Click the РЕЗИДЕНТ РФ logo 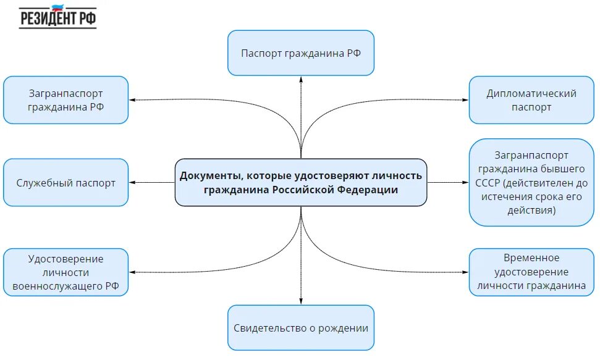[58, 17]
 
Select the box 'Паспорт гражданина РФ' [301, 53]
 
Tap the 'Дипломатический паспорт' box [531, 100]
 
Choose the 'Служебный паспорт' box [66, 183]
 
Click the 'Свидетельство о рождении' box [301, 328]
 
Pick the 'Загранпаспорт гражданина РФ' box [66, 100]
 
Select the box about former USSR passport [531, 182]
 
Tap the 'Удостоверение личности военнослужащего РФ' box [66, 272]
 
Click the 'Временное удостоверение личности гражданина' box [531, 272]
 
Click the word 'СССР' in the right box [488, 183]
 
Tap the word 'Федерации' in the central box [368, 190]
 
